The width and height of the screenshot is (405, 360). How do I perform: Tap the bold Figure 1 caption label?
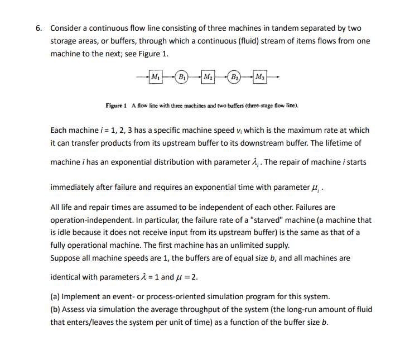tap(117, 105)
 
